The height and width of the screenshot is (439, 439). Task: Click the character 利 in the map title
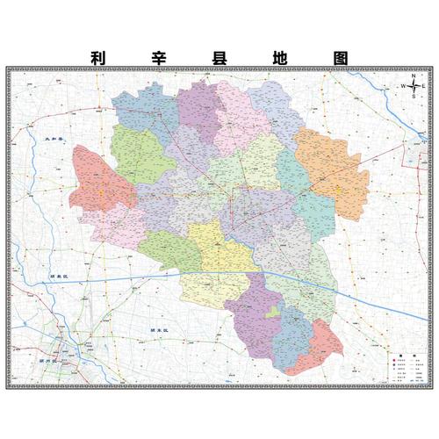[98, 57]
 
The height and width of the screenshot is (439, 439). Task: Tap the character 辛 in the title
[159, 57]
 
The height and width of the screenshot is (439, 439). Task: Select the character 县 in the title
[219, 57]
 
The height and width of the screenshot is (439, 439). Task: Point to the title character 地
[279, 57]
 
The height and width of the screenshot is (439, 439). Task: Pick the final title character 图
[341, 57]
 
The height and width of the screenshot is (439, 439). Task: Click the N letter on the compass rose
[414, 76]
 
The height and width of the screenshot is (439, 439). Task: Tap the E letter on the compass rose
[424, 86]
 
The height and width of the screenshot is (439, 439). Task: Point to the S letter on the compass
[414, 97]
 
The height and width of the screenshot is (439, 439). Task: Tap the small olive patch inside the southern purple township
[273, 313]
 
